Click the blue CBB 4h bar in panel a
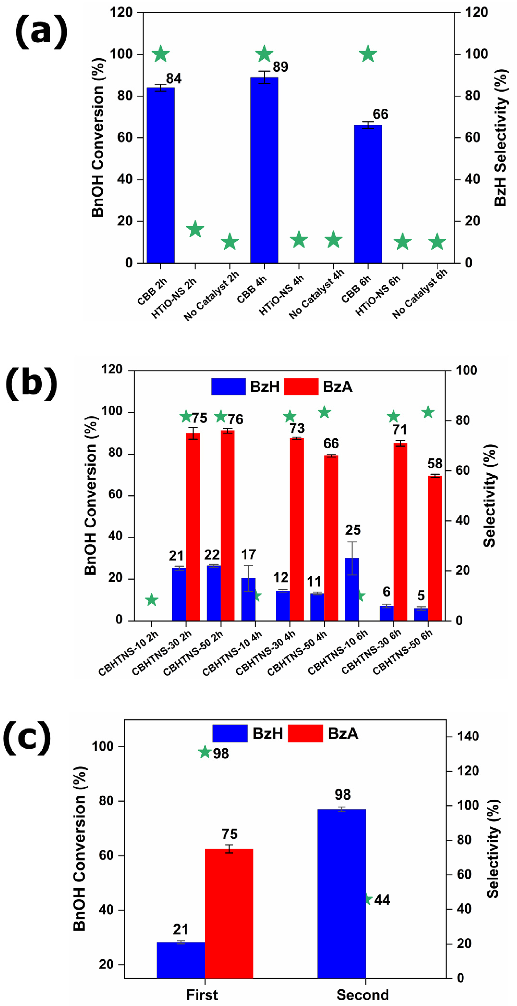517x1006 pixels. [x=264, y=170]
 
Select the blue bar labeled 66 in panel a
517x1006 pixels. [x=368, y=194]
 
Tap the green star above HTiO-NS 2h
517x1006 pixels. [x=195, y=229]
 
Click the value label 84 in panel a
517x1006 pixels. [x=174, y=79]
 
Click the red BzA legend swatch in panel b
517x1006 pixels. [x=301, y=387]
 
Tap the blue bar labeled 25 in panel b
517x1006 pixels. [x=352, y=589]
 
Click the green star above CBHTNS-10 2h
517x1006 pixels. [x=152, y=600]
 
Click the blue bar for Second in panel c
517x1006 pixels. [x=342, y=894]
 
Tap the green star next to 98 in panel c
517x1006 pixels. [x=205, y=752]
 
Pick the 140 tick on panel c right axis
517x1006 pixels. [x=468, y=736]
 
